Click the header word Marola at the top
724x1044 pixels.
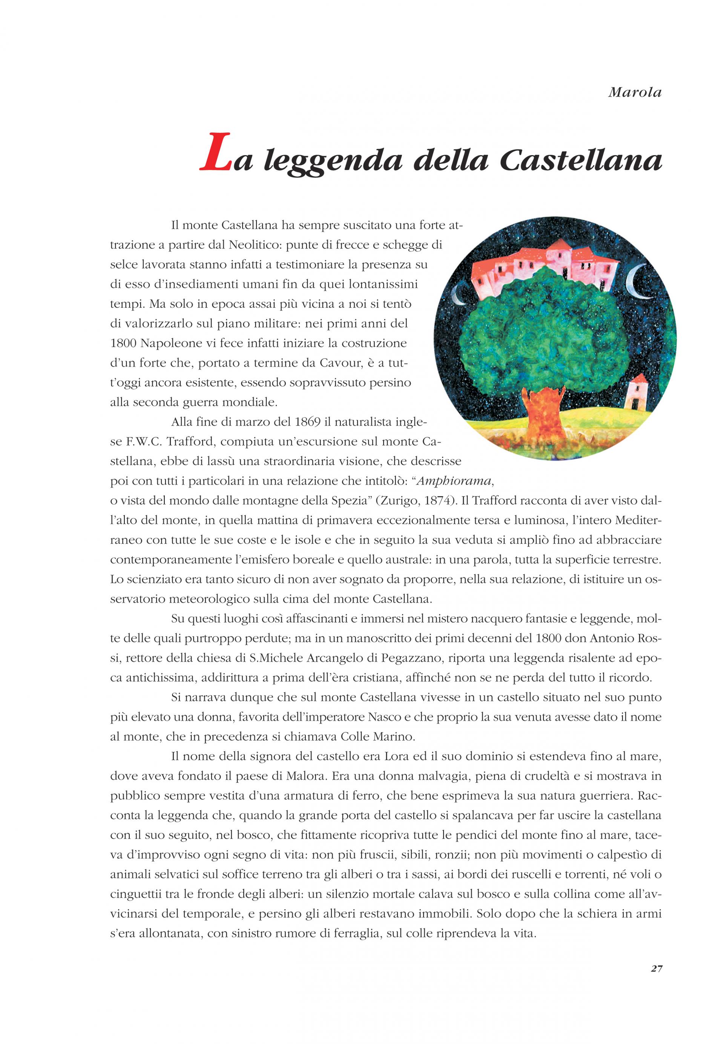[635, 93]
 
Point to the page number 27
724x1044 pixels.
[657, 981]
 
